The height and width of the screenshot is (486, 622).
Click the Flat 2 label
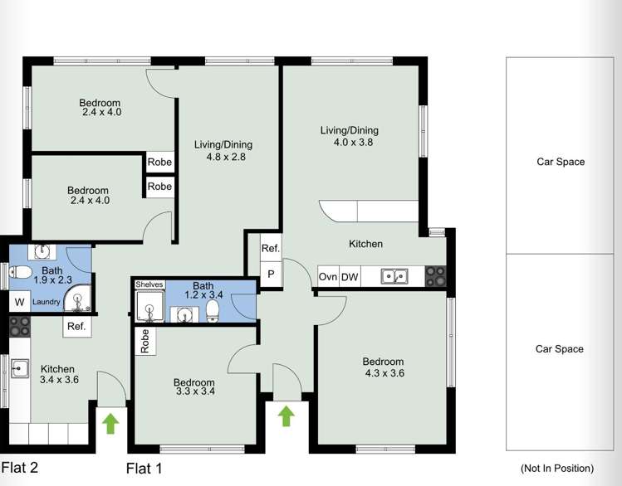coord(20,467)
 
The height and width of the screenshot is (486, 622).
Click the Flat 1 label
coord(144,469)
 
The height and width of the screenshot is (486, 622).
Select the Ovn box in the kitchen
coord(328,278)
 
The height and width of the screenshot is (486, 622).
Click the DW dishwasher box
coord(349,278)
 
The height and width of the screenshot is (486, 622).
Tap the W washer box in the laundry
coord(18,303)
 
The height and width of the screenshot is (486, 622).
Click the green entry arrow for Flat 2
coord(110,423)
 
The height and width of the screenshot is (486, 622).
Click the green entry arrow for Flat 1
coord(286,415)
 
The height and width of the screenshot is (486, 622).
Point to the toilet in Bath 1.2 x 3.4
coord(213,310)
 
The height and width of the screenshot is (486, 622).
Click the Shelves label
coord(149,284)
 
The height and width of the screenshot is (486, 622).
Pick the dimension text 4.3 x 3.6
coord(383,373)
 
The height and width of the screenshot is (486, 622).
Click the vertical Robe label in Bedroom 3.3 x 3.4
coord(144,342)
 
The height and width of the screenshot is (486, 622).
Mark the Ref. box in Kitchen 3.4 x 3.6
coord(76,327)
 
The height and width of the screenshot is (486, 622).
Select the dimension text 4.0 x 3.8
coord(350,142)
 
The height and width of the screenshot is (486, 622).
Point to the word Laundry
coord(47,303)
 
